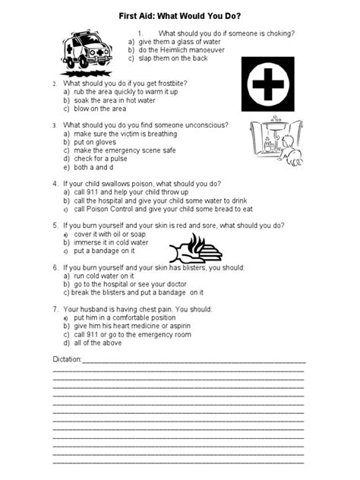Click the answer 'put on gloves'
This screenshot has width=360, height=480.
(95, 142)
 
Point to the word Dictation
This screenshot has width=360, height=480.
(66, 356)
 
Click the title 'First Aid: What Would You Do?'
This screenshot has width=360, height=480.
(181, 14)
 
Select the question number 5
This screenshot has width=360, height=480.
(55, 226)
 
